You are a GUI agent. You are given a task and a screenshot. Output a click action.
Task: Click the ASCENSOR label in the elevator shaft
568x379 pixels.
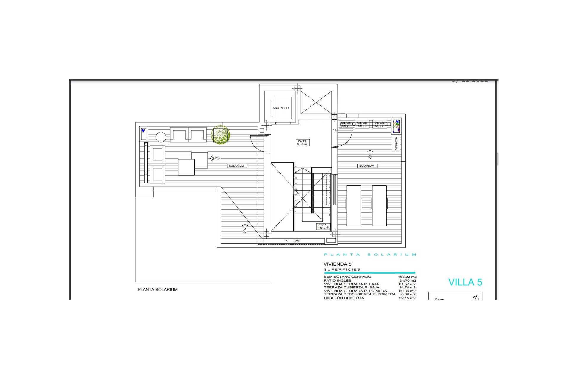[281, 108]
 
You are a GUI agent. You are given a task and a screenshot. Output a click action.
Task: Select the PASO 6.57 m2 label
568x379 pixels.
[302, 143]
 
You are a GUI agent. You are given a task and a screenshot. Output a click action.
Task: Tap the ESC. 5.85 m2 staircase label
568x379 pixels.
[322, 227]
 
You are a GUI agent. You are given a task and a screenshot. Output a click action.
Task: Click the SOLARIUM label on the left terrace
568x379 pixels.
[236, 166]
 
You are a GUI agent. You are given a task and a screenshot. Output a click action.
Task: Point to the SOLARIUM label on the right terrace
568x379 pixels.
[367, 166]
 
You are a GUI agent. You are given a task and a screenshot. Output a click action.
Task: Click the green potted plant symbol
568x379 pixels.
[220, 135]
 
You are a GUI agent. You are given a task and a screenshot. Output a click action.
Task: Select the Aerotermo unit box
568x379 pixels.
[396, 144]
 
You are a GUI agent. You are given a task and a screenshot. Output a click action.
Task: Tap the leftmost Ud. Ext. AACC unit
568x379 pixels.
[346, 124]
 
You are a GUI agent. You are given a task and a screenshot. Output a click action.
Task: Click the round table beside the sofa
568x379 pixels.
[161, 137]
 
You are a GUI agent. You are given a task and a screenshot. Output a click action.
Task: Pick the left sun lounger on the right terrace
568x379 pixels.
[354, 206]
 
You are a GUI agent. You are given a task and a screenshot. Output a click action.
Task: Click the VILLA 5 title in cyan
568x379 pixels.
[465, 282]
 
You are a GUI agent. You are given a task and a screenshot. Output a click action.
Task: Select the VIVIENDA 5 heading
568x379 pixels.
[337, 264]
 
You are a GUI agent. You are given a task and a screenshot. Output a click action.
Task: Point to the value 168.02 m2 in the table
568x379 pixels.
[407, 277]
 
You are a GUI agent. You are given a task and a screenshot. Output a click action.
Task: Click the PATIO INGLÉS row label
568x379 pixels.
[338, 280]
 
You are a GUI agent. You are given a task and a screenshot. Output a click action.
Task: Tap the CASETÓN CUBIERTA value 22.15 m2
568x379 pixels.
[407, 298]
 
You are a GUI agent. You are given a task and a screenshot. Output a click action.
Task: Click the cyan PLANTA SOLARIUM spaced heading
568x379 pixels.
[370, 255]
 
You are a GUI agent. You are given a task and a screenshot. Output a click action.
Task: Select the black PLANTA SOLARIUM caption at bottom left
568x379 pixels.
[158, 290]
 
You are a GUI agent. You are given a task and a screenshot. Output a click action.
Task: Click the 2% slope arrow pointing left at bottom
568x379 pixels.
[293, 241]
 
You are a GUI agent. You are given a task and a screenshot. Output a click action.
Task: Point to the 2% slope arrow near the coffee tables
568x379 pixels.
[215, 158]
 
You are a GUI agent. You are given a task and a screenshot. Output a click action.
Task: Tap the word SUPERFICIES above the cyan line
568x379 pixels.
[342, 270]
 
